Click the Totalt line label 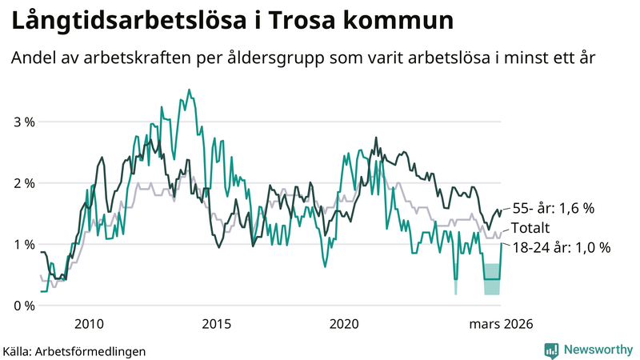(x=531, y=228)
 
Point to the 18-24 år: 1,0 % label (x=561, y=248)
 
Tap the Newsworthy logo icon (x=551, y=350)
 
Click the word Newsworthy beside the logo (x=598, y=350)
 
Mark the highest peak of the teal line (x=189, y=90)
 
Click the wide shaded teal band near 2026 (x=491, y=278)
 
